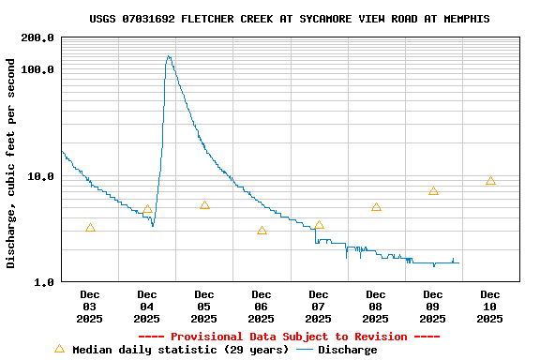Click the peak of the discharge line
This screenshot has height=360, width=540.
pos(169,56)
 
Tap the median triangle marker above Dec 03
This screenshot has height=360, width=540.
pos(90,228)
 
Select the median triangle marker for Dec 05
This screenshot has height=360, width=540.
pos(204,205)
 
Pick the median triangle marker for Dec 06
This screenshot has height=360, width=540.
pos(262,230)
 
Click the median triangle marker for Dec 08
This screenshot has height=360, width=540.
pos(376,207)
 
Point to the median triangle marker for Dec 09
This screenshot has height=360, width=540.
pos(433,191)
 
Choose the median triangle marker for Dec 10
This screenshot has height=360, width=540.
pos(490,181)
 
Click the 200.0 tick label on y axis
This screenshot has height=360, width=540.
pos(37,38)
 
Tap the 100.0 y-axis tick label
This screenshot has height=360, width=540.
pos(37,70)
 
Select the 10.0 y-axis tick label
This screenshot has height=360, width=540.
pos(40,176)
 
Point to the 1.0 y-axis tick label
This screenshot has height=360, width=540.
pos(43,282)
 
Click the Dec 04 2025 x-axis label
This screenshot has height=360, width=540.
pos(147,307)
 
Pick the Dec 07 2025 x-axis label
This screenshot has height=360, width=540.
pos(319,307)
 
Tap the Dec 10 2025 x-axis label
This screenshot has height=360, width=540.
pos(490,307)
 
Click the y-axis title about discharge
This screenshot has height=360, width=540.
pos(11,163)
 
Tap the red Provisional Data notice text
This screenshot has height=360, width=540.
pos(289,337)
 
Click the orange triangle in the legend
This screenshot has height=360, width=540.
pos(60,349)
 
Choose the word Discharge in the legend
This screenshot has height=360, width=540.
pos(347,350)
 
